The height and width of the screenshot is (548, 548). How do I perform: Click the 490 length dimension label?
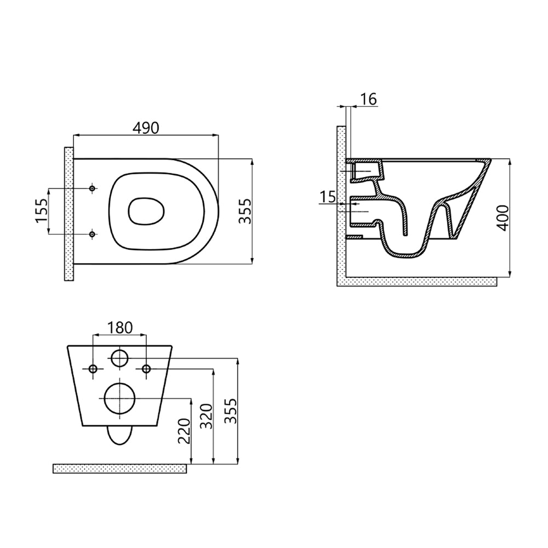pyautogui.click(x=146, y=128)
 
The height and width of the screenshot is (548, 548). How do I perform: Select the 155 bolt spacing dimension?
pyautogui.click(x=41, y=211)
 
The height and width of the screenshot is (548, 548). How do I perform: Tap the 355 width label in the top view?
pyautogui.click(x=244, y=211)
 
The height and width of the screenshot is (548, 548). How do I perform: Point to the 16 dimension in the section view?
pyautogui.click(x=368, y=100)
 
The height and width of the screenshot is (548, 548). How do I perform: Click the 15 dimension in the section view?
pyautogui.click(x=328, y=197)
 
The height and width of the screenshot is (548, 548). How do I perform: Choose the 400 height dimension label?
pyautogui.click(x=503, y=218)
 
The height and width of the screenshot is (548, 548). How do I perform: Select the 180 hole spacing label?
pyautogui.click(x=120, y=328)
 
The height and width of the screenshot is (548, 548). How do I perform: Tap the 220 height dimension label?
pyautogui.click(x=184, y=431)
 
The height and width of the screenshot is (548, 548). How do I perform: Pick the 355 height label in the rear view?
pyautogui.click(x=231, y=411)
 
